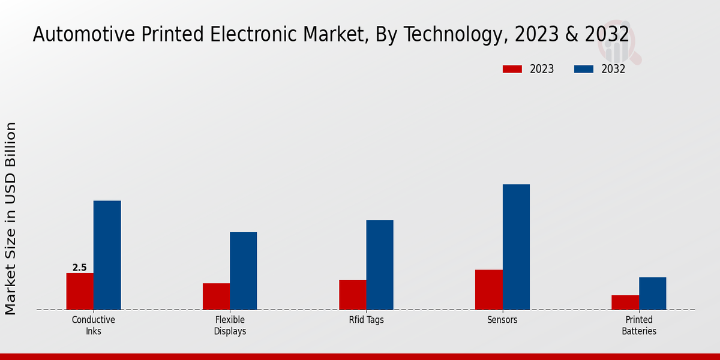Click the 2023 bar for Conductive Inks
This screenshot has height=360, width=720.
click(x=80, y=292)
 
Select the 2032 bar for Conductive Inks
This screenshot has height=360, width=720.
click(x=107, y=255)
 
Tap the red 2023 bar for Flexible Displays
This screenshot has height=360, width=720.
click(x=216, y=296)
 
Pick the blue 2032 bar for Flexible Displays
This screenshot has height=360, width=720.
click(x=243, y=271)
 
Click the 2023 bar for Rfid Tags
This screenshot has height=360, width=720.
click(x=352, y=295)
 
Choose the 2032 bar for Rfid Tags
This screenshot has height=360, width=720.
click(x=380, y=265)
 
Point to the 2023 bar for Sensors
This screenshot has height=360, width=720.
click(x=488, y=290)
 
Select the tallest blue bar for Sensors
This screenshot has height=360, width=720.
click(x=516, y=247)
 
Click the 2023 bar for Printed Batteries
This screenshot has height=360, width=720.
click(x=625, y=302)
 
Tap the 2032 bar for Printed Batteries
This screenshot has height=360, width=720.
click(x=652, y=293)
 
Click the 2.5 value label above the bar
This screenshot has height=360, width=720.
click(x=80, y=268)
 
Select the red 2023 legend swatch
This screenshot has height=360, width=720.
click(x=512, y=69)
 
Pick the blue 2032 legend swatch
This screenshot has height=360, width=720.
click(x=583, y=69)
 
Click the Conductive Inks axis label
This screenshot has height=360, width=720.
click(x=93, y=325)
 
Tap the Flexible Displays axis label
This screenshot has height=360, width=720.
click(x=230, y=325)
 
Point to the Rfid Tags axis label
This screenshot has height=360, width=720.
click(x=366, y=320)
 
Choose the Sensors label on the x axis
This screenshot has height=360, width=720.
click(x=502, y=320)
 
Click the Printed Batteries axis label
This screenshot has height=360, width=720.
click(x=638, y=325)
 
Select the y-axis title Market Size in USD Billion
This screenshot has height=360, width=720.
click(x=11, y=218)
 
